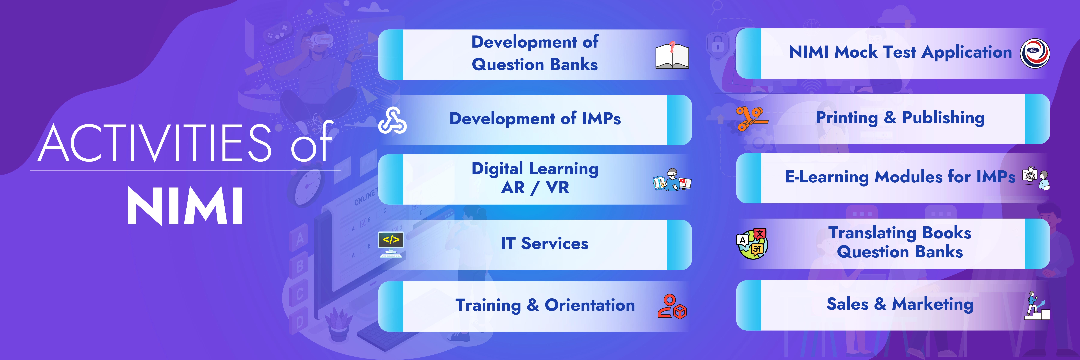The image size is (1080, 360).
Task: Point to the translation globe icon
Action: click(752, 243)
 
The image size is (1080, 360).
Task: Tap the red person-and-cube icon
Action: click(672, 307)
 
